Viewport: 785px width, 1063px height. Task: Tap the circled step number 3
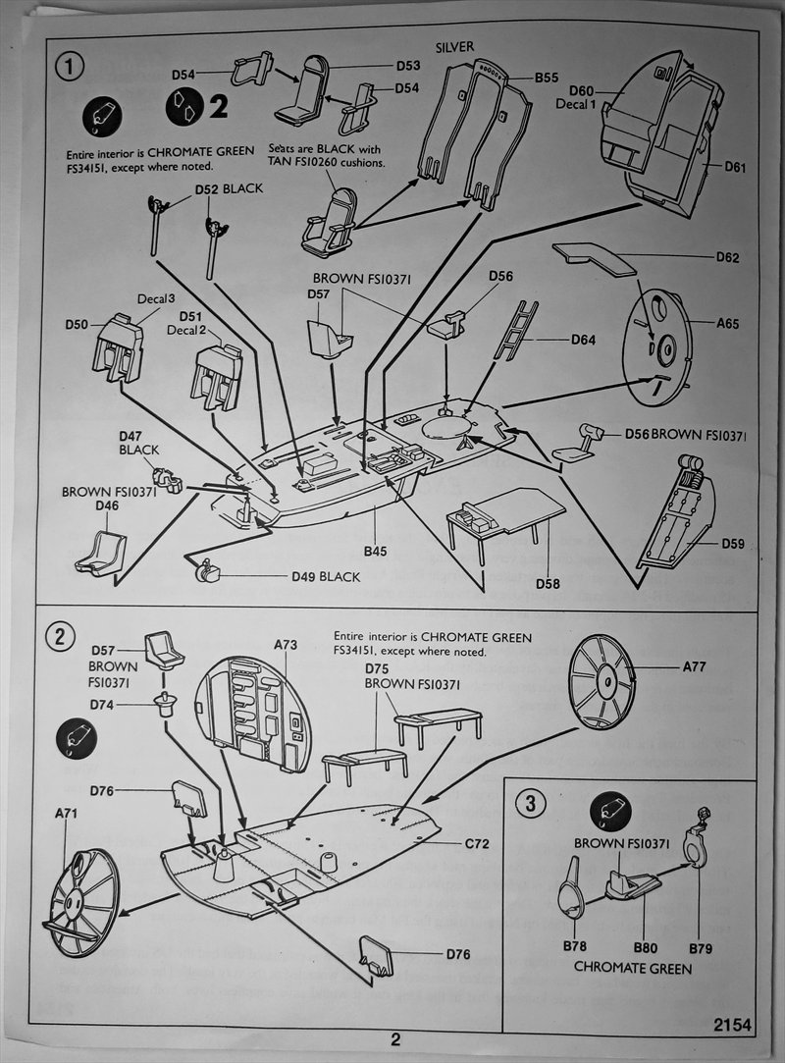(530, 804)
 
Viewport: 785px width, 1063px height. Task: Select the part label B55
(547, 76)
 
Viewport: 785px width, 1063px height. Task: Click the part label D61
(735, 167)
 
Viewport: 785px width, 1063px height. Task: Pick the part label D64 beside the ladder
(584, 341)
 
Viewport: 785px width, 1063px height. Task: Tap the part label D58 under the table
(548, 584)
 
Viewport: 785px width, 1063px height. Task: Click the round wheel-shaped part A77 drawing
(602, 680)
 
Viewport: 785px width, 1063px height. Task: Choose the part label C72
(477, 842)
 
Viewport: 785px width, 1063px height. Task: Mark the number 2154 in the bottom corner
(733, 1026)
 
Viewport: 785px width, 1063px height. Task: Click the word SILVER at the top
(453, 46)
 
